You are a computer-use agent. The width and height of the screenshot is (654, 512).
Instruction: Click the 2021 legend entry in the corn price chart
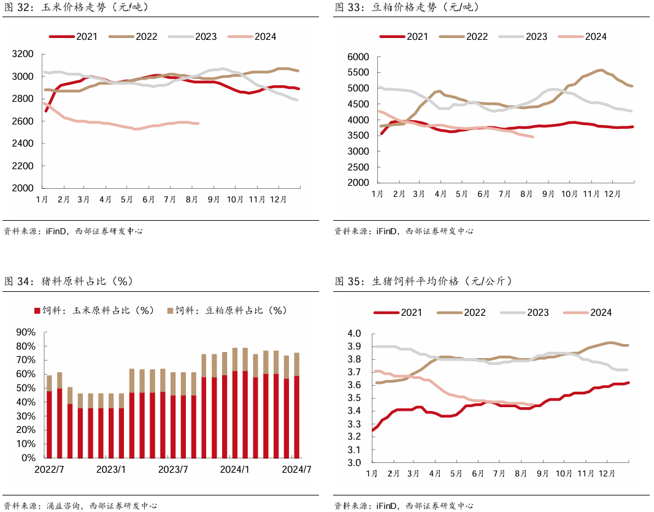point(74,37)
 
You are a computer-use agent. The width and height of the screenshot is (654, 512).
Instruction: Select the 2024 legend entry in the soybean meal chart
point(582,37)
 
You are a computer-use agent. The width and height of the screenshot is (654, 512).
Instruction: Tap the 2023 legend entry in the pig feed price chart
point(525,313)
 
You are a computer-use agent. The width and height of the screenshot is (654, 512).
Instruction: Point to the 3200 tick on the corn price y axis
point(23,54)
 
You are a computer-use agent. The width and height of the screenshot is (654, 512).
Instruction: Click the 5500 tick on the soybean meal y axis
point(358,72)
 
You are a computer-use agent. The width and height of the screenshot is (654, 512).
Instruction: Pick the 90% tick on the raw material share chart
point(26,332)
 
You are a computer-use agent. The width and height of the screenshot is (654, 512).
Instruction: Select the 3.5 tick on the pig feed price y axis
point(354,398)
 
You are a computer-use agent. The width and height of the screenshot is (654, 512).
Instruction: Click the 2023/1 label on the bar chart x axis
point(111,470)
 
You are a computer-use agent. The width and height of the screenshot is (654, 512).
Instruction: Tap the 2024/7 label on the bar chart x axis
point(296,470)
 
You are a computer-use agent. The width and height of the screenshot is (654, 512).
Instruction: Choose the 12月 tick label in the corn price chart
point(278,200)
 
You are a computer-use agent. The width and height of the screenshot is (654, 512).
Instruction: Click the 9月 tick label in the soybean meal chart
point(548,194)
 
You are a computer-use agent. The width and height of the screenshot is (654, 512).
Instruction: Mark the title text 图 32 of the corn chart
point(17,7)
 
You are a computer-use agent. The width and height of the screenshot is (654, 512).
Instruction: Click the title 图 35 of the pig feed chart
point(348,281)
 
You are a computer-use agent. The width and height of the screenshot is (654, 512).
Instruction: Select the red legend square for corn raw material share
point(37,311)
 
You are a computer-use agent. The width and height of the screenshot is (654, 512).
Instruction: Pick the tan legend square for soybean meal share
point(170,311)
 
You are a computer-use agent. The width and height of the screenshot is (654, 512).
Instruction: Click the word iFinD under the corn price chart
point(56,231)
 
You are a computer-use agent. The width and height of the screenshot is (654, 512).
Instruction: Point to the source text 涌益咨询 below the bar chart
point(63,506)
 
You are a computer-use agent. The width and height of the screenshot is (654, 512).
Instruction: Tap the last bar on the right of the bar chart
point(296,406)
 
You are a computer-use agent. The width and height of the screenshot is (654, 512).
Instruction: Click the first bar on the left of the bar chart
point(49,417)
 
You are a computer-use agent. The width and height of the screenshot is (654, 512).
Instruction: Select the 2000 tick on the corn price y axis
point(23,188)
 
